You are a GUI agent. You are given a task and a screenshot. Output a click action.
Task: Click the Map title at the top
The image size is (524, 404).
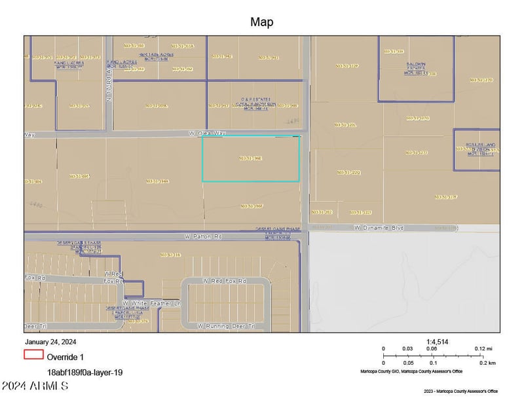coord(261,22)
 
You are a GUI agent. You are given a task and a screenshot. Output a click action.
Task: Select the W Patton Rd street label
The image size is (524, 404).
coord(204,236)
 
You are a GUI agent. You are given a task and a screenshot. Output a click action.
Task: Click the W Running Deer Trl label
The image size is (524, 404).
coord(223,325)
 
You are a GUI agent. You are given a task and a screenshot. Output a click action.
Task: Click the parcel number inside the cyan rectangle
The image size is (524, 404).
coord(251,158)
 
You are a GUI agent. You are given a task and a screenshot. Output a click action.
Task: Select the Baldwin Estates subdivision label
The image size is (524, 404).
coord(411,68)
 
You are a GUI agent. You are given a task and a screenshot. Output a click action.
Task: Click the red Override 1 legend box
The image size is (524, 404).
coord(33,355)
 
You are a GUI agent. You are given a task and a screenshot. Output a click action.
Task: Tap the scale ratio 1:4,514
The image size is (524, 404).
coord(437,341)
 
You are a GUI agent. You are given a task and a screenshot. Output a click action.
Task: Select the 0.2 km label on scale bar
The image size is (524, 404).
coord(487,363)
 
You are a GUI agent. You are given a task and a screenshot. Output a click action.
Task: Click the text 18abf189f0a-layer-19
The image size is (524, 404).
coord(84,372)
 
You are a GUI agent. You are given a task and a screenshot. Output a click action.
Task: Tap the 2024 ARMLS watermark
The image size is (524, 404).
coord(35,386)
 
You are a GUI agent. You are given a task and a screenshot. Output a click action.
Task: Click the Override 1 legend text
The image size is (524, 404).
coord(65,357)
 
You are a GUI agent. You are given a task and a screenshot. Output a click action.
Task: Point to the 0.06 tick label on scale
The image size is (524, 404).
coord(432,349)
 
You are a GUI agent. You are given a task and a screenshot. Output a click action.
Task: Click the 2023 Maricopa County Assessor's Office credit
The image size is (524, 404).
coord(460,392)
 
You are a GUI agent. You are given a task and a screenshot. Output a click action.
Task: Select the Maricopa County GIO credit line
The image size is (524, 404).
coord(411,371)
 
